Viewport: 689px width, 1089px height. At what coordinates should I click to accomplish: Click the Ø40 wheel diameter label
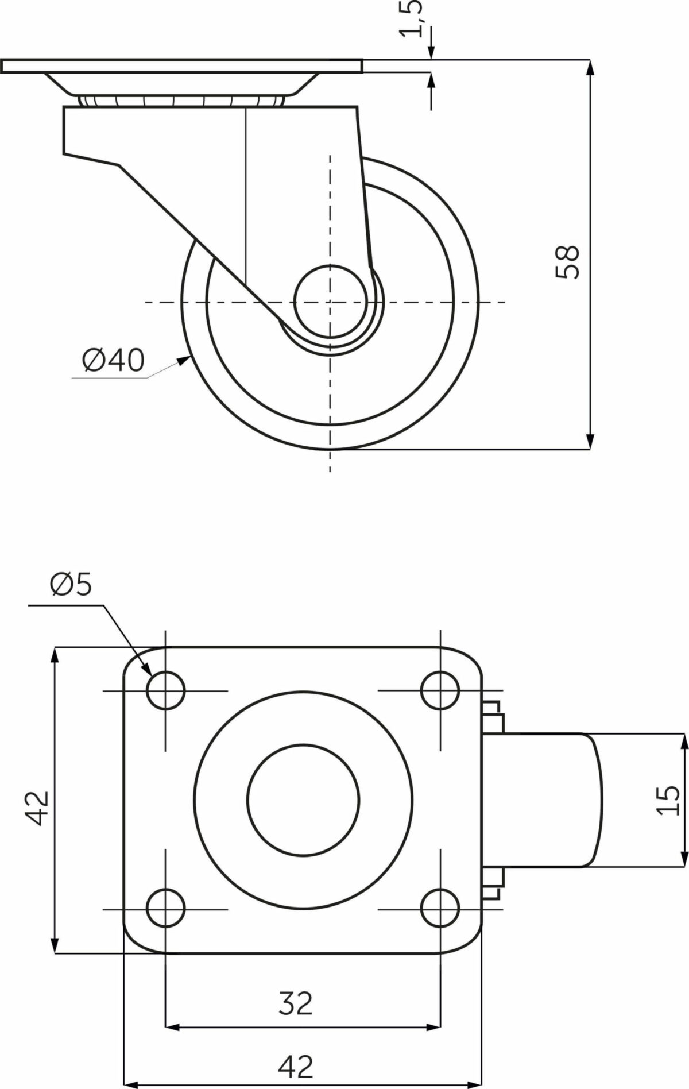[x=113, y=361]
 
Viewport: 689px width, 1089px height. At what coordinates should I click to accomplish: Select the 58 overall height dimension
[x=568, y=262]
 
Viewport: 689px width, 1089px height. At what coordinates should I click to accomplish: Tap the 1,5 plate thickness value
[x=412, y=18]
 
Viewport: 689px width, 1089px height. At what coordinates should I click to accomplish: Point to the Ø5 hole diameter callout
[x=71, y=585]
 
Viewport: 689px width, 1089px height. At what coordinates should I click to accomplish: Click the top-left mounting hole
[x=166, y=690]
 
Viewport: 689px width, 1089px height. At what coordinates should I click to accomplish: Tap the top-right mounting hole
[x=440, y=690]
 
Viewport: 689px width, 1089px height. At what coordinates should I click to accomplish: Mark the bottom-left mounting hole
[x=166, y=909]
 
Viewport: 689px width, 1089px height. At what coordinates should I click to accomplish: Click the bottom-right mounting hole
[x=440, y=909]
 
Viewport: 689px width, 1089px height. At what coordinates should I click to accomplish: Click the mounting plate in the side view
[x=182, y=66]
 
